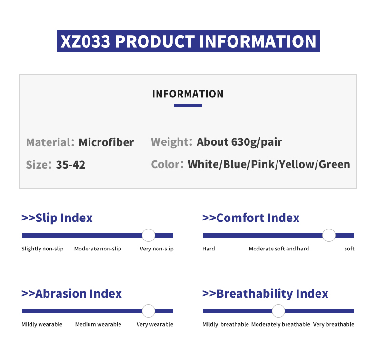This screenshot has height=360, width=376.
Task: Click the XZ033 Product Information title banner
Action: [x=188, y=41]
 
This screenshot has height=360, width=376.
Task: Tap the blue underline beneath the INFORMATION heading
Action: [x=188, y=105]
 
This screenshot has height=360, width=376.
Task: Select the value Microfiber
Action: [x=106, y=142]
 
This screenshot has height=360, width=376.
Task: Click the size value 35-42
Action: [x=70, y=165]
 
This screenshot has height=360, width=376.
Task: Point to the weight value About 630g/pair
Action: [x=239, y=142]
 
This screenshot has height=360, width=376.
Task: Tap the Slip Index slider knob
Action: [x=148, y=235]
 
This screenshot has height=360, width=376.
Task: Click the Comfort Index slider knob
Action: [x=329, y=235]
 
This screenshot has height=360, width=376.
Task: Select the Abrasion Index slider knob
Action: [x=148, y=311]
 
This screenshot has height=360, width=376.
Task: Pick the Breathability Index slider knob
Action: [x=278, y=311]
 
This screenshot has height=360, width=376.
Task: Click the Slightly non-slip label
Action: [x=42, y=249]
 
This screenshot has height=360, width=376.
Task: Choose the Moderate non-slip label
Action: [x=98, y=249]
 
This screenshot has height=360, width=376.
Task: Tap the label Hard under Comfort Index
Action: [x=208, y=249]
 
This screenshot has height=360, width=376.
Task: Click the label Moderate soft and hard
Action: [x=279, y=249]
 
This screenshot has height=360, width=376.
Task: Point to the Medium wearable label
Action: [x=98, y=324]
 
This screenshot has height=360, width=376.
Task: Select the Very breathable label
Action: [x=334, y=324]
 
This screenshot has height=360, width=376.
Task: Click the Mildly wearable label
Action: [x=42, y=324]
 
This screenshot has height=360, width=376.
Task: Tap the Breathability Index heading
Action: [x=265, y=293]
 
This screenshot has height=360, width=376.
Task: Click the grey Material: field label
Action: [x=50, y=142]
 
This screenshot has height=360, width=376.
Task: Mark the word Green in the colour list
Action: [x=335, y=165]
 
